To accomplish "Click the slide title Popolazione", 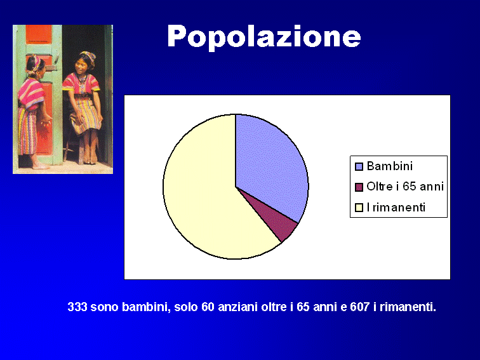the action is click(x=264, y=37).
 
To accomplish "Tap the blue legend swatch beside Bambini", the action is click(x=359, y=166).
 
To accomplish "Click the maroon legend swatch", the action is click(x=359, y=187).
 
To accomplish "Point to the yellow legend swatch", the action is click(x=359, y=208).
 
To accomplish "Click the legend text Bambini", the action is click(x=390, y=166).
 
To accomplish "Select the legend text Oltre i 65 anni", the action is click(x=405, y=187).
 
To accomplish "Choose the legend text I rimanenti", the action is click(x=396, y=207).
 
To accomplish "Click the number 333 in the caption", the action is click(x=77, y=307).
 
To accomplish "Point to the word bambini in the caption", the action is click(x=146, y=307).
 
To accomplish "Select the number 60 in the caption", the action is click(x=208, y=307).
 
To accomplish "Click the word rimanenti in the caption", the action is click(x=408, y=307).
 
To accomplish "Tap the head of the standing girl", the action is click(x=35, y=65).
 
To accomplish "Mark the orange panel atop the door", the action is click(x=39, y=34).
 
